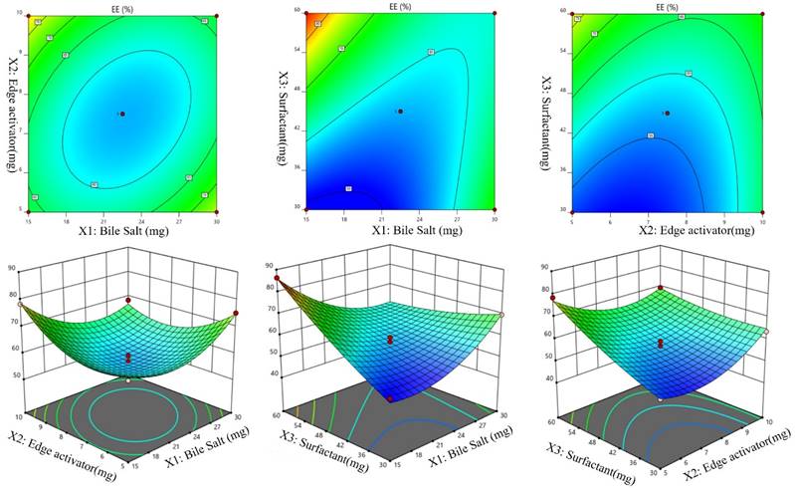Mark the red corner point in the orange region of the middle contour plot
coord(306,13)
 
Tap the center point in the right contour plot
coord(668,113)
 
